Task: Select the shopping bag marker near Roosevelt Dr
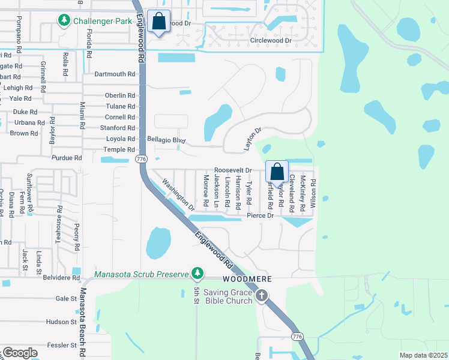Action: point(277,171)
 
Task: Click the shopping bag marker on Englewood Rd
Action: point(158,22)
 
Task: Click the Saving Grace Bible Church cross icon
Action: point(261,295)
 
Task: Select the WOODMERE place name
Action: point(248,280)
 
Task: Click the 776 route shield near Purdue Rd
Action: point(141,158)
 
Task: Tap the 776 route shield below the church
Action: point(297,337)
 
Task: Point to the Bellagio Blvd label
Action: point(166,139)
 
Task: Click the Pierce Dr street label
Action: point(260,215)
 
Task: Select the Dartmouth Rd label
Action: point(115,74)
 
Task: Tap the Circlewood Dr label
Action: point(271,41)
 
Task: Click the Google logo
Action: point(20,353)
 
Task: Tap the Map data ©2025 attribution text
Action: point(423,355)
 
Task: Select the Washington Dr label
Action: point(179,195)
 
